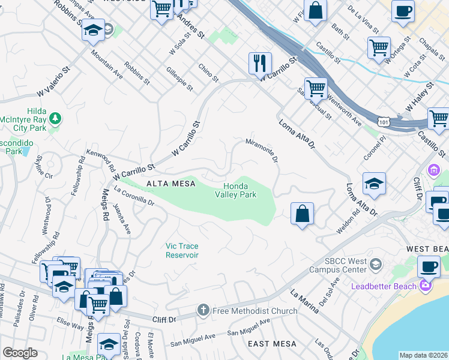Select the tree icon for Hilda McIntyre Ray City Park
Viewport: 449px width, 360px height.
55,118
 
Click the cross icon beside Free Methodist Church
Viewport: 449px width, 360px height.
203,311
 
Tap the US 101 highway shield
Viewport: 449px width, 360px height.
384,121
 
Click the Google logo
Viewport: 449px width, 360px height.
20,353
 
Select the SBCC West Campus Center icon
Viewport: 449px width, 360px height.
375,264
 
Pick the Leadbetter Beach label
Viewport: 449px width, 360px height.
384,286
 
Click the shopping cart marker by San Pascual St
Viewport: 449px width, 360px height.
316,89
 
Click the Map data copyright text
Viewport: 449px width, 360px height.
423,355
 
